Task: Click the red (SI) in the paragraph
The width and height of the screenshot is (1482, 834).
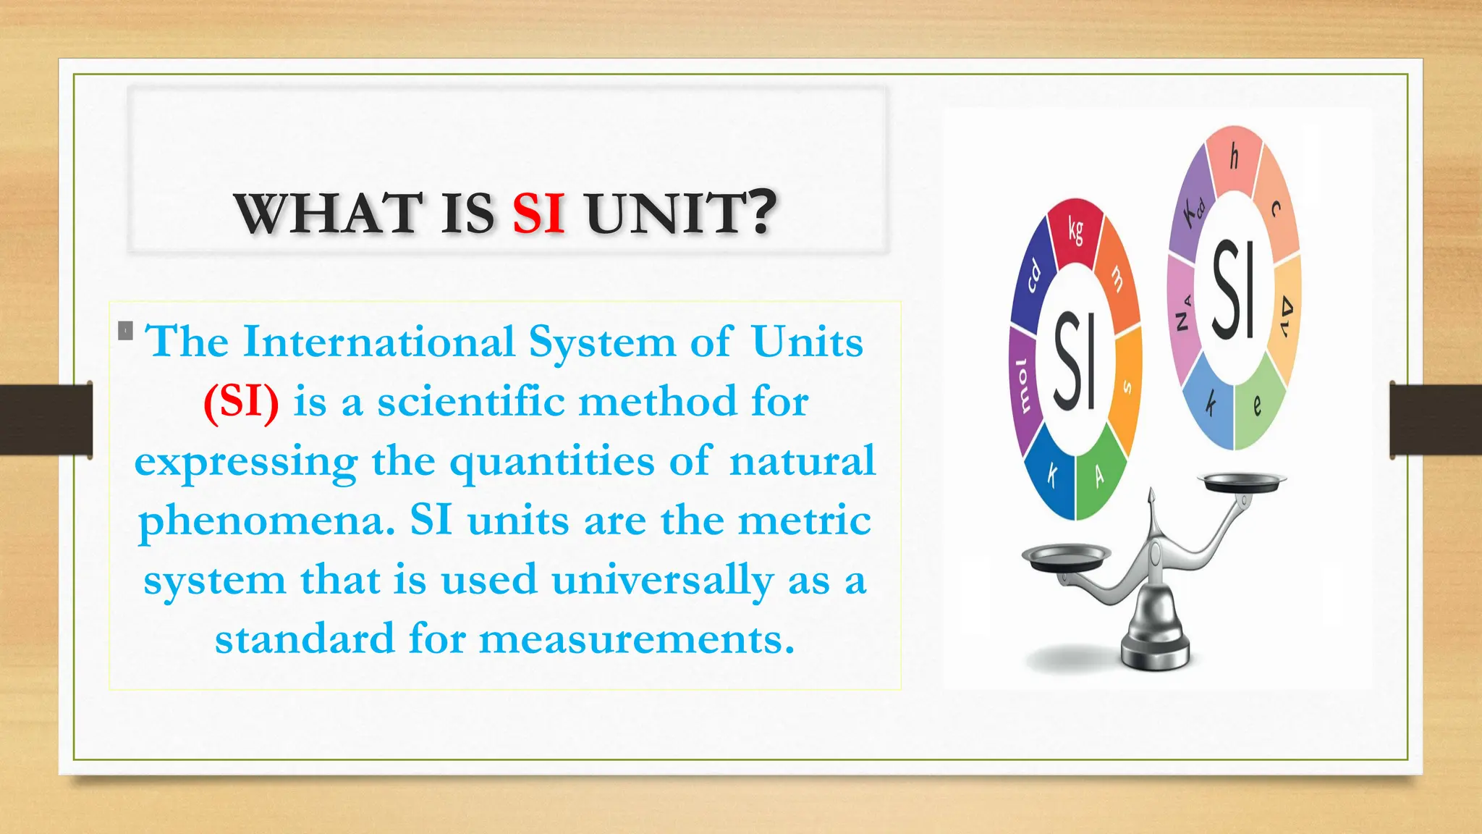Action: pyautogui.click(x=241, y=401)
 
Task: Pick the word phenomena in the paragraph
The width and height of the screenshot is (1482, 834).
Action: pyautogui.click(x=266, y=520)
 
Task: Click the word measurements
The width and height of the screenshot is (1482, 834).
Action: pyautogui.click(x=637, y=639)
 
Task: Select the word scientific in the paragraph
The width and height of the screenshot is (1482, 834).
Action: pyautogui.click(x=470, y=401)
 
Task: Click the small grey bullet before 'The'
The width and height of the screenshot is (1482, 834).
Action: pyautogui.click(x=125, y=331)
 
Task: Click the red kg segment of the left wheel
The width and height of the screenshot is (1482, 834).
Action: pyautogui.click(x=1076, y=230)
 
